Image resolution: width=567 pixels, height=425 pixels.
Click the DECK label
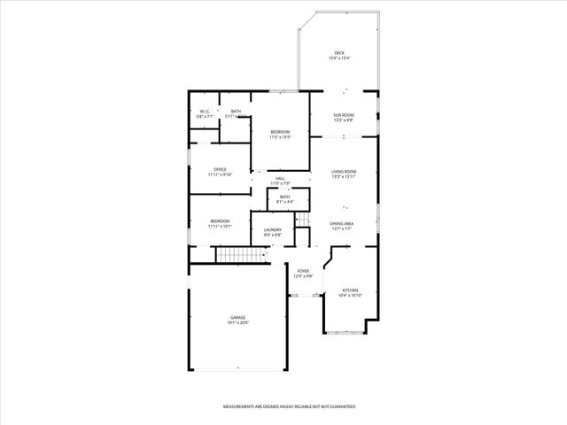pyautogui.click(x=339, y=53)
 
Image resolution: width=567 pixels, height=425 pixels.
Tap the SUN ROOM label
pyautogui.click(x=343, y=115)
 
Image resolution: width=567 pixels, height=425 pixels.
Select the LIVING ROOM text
pyautogui.click(x=344, y=172)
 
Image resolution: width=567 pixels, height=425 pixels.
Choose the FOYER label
pyautogui.click(x=303, y=271)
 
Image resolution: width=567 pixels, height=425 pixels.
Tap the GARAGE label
pyautogui.click(x=237, y=317)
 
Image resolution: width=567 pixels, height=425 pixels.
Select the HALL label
pyautogui.click(x=280, y=179)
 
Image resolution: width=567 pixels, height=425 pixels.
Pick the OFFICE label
pyautogui.click(x=220, y=169)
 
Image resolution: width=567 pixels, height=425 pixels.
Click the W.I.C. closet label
pyautogui.click(x=204, y=111)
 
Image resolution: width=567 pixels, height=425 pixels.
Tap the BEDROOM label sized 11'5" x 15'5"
pyautogui.click(x=280, y=132)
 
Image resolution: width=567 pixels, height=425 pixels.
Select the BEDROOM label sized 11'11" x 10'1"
pyautogui.click(x=220, y=221)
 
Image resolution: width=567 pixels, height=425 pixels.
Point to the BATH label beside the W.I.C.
pyautogui.click(x=236, y=111)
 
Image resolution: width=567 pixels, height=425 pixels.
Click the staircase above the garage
pyautogui.click(x=241, y=256)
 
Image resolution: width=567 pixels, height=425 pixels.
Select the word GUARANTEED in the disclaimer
pyautogui.click(x=340, y=406)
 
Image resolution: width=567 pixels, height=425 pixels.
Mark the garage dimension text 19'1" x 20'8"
pyautogui.click(x=237, y=322)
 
